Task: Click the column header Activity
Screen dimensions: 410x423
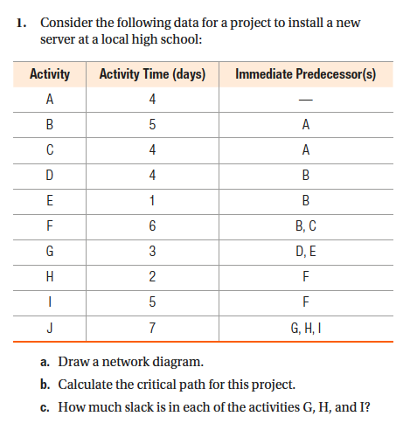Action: click(x=50, y=74)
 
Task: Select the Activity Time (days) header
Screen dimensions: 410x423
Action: click(x=153, y=74)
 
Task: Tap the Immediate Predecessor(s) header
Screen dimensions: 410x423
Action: click(x=305, y=74)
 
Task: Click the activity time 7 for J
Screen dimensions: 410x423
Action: click(x=153, y=330)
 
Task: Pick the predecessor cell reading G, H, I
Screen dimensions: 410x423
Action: click(x=305, y=330)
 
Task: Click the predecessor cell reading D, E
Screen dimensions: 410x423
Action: click(x=305, y=253)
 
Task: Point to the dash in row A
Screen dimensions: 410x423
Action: click(x=305, y=101)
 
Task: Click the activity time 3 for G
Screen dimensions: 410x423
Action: click(x=153, y=253)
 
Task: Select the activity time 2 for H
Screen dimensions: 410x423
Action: click(x=153, y=279)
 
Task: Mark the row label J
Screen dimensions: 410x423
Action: click(x=50, y=330)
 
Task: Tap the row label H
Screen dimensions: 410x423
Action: click(x=50, y=279)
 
